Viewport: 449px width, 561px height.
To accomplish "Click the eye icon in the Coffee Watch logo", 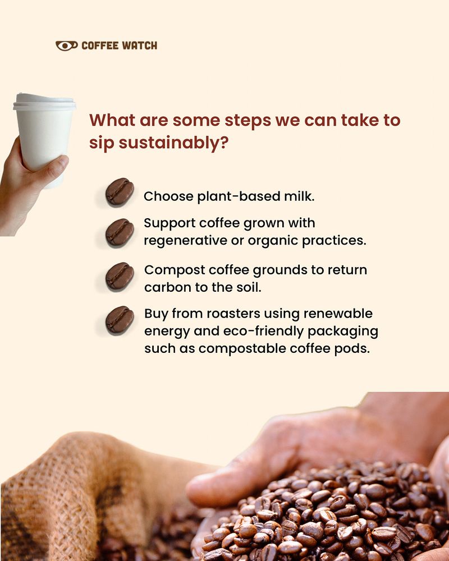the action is [67, 45].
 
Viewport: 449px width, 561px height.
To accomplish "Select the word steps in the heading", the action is [248, 121].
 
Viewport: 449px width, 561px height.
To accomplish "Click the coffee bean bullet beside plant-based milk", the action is [120, 192].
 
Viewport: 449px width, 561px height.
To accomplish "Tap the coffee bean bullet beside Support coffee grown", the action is [120, 233].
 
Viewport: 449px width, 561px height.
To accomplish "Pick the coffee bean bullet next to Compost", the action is [120, 276].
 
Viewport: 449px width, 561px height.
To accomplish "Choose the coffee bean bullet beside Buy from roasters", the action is [120, 320].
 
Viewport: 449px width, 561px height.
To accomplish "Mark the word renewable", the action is [338, 314].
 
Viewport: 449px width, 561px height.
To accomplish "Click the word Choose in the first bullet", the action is [168, 196].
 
